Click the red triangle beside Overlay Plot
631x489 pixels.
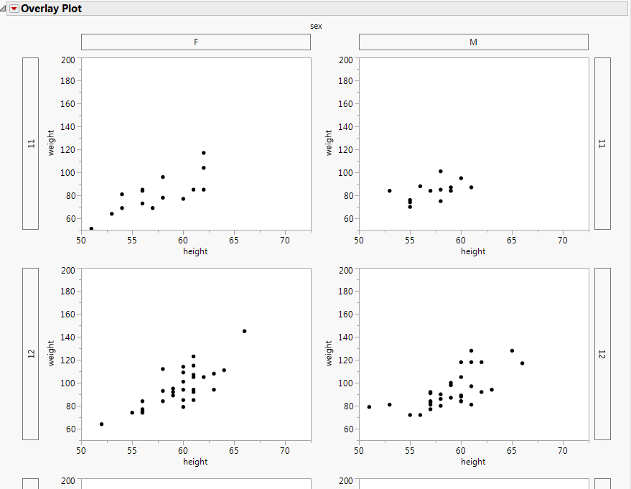click(14, 9)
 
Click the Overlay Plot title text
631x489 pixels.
click(51, 9)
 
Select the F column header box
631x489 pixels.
click(196, 42)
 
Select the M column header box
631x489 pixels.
click(473, 42)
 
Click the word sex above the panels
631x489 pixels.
click(316, 26)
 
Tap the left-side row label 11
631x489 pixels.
click(30, 144)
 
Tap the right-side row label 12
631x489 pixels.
click(602, 354)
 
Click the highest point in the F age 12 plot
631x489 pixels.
click(244, 331)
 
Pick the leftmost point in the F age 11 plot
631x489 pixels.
click(91, 228)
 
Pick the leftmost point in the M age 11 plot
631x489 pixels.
click(389, 191)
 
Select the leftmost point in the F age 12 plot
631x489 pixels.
click(101, 424)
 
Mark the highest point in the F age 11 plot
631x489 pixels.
click(203, 153)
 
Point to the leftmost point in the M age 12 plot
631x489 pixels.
click(369, 407)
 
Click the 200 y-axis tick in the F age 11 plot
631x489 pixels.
click(70, 60)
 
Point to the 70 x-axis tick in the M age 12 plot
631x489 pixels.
click(562, 451)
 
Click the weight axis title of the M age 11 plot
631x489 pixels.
click(329, 142)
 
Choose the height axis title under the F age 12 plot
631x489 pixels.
click(195, 462)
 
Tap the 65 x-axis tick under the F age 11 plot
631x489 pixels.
click(234, 241)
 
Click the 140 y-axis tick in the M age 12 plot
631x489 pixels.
click(347, 337)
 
